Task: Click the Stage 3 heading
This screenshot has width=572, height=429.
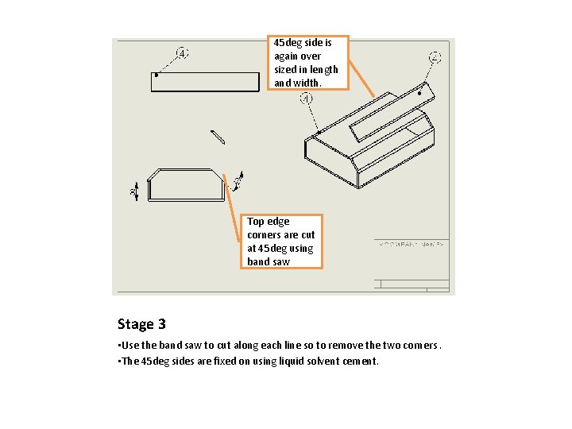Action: click(x=141, y=324)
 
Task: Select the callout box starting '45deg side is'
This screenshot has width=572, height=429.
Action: click(x=307, y=62)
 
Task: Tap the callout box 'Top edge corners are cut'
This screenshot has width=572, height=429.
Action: click(x=281, y=241)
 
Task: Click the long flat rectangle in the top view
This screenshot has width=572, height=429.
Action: click(x=205, y=82)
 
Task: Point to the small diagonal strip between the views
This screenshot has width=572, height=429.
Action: click(x=218, y=137)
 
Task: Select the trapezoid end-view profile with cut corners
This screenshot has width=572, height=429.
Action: click(x=185, y=184)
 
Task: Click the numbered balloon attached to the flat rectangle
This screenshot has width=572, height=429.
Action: click(x=183, y=54)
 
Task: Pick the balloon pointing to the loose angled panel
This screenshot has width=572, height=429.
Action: click(x=435, y=57)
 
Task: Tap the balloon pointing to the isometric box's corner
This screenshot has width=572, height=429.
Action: click(x=307, y=99)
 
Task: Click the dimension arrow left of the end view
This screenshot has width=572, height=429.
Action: click(x=135, y=191)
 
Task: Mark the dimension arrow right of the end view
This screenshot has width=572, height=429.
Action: click(x=236, y=184)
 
